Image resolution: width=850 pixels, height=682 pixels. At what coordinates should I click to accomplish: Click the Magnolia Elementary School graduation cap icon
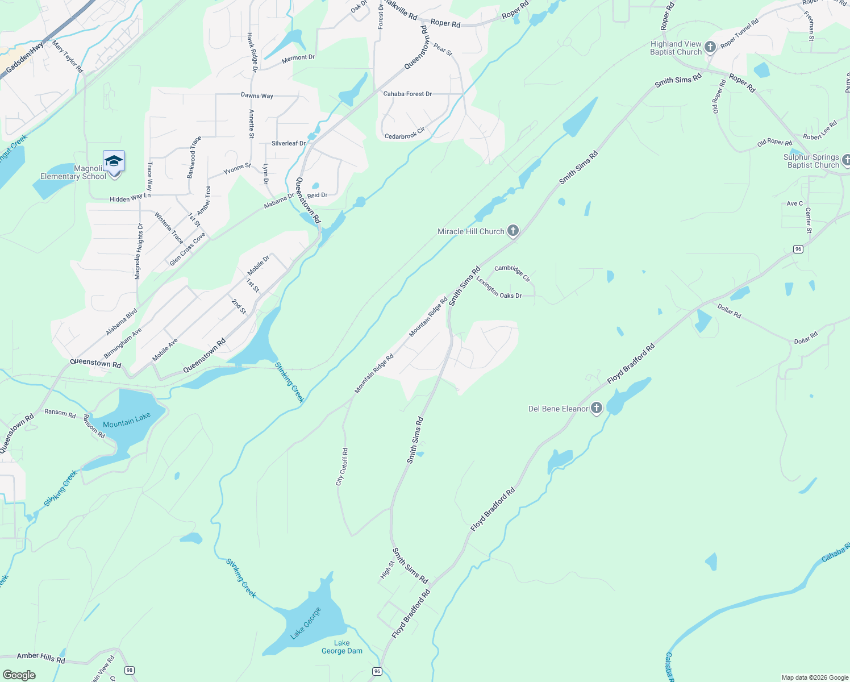click(x=114, y=161)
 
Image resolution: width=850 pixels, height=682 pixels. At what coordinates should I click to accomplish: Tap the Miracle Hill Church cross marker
click(x=513, y=231)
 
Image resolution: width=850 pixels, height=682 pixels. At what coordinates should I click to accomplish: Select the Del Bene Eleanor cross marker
click(x=596, y=408)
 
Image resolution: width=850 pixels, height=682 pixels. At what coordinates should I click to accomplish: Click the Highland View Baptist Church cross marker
click(x=710, y=47)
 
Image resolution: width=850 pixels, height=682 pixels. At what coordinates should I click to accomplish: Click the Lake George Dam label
click(x=341, y=647)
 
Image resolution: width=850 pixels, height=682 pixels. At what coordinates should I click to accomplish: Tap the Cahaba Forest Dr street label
click(x=407, y=94)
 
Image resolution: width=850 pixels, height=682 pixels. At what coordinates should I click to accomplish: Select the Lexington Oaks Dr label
click(x=499, y=288)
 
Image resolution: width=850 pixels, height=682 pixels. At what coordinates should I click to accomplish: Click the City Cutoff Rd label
click(x=342, y=466)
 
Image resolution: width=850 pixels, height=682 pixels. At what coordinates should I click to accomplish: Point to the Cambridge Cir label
click(x=512, y=273)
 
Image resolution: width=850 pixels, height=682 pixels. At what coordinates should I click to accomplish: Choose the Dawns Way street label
click(x=257, y=95)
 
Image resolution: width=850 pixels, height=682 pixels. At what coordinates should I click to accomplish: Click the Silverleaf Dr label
click(x=289, y=143)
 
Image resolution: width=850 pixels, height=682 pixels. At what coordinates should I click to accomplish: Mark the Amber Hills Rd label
click(x=41, y=658)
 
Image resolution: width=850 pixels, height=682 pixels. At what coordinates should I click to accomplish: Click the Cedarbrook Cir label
click(x=405, y=134)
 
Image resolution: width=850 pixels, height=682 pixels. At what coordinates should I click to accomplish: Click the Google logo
click(x=19, y=675)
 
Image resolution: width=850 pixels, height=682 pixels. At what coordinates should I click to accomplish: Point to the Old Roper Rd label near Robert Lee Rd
click(x=774, y=142)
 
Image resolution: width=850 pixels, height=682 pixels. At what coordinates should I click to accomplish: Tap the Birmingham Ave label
click(x=123, y=343)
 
